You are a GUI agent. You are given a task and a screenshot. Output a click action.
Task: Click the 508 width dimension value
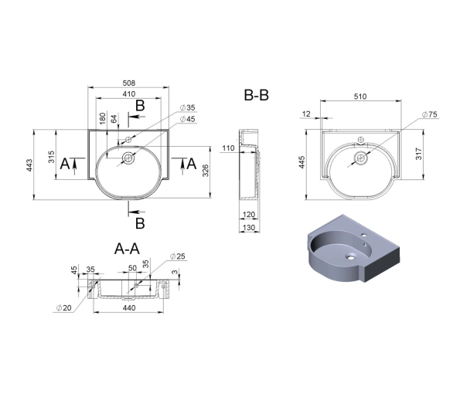(x=129, y=83)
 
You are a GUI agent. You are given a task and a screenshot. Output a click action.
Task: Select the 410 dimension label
(x=129, y=94)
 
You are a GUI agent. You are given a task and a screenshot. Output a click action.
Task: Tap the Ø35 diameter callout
(x=188, y=107)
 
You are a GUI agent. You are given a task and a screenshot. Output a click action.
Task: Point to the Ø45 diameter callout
(x=188, y=119)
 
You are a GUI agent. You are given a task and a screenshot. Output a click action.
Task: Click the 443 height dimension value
(x=29, y=165)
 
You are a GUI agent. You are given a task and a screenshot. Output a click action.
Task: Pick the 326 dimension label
(x=205, y=171)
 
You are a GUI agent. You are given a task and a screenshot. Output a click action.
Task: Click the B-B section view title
(x=256, y=95)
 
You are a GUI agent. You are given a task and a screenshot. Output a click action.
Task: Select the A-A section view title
(x=127, y=249)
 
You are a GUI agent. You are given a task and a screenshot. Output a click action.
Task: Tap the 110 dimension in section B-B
(x=228, y=148)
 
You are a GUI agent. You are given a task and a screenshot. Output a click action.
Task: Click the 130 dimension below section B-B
(x=249, y=228)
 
